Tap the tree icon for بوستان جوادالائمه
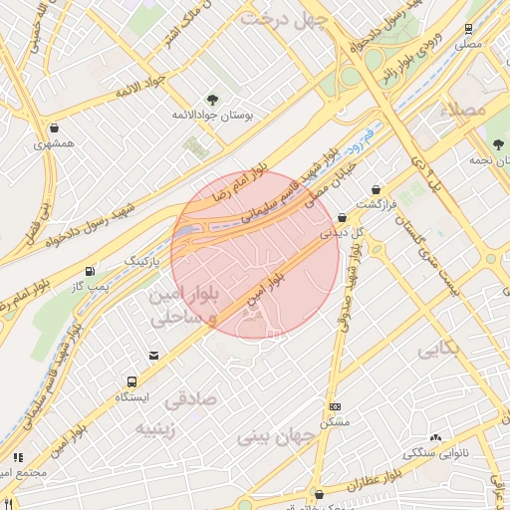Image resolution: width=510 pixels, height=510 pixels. click(211, 99)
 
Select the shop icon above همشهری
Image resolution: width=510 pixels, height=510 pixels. click(52, 127)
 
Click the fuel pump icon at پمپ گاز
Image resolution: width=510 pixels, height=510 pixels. click(91, 270)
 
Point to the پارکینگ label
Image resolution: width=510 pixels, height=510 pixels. click(140, 260)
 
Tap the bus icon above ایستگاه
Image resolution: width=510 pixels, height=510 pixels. click(131, 381)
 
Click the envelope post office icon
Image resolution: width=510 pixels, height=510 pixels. click(152, 356)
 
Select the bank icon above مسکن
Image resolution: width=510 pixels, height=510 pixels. click(336, 406)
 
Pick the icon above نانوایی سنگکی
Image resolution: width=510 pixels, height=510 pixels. click(434, 437)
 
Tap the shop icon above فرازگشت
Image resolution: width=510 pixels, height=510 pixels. click(376, 189)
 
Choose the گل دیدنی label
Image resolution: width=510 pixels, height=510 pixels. click(342, 232)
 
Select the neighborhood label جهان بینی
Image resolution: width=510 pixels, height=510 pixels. click(276, 436)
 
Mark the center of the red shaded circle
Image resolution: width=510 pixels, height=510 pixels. click(256, 254)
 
